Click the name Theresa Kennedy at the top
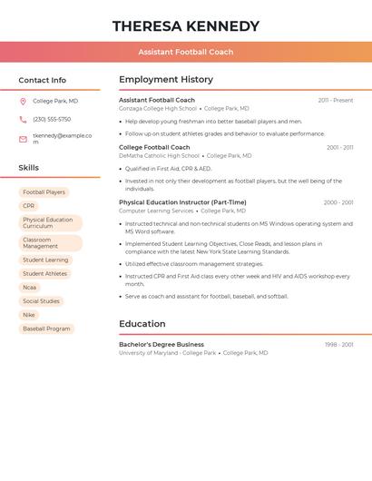pyautogui.click(x=186, y=26)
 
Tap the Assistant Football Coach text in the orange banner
pyautogui.click(x=186, y=52)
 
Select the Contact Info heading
pyautogui.click(x=43, y=80)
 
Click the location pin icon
pyautogui.click(x=23, y=101)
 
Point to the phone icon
pyautogui.click(x=23, y=119)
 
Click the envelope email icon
pyautogui.click(x=23, y=139)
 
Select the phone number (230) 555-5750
pyautogui.click(x=52, y=119)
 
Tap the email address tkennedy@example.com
pyautogui.click(x=62, y=138)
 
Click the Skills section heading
pyautogui.click(x=29, y=167)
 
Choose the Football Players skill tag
pyautogui.click(x=44, y=192)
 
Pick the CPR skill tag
pyautogui.click(x=29, y=206)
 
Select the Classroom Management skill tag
pyautogui.click(x=50, y=243)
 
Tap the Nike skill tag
pyautogui.click(x=30, y=315)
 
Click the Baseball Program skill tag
pyautogui.click(x=46, y=329)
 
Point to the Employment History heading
pyautogui.click(x=166, y=80)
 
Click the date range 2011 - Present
pyautogui.click(x=335, y=101)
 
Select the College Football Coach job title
pyautogui.click(x=154, y=147)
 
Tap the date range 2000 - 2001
pyautogui.click(x=338, y=202)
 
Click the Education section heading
pyautogui.click(x=142, y=324)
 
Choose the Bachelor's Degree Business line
pyautogui.click(x=162, y=345)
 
